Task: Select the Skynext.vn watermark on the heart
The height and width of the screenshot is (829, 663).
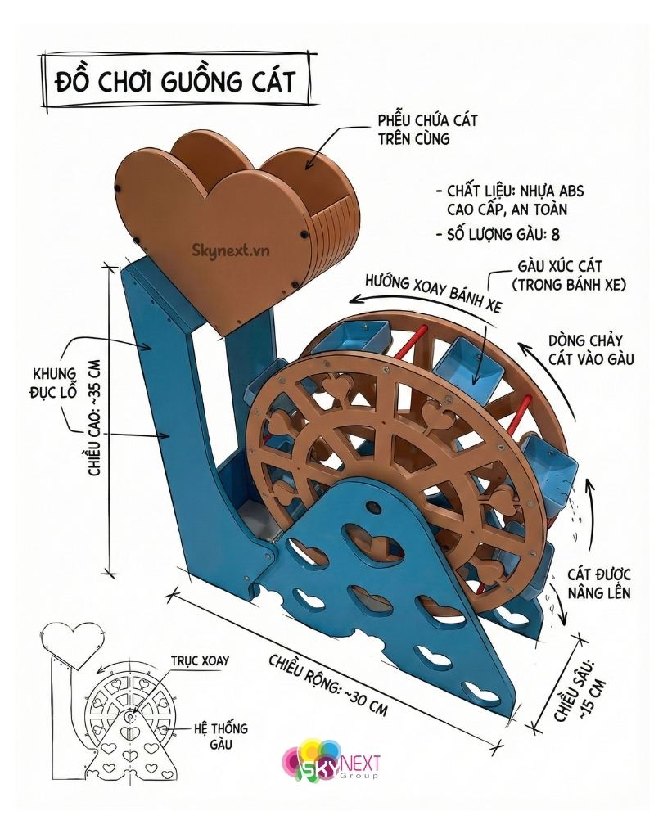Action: [223, 244]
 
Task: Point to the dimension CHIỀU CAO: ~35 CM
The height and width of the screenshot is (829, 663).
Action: [92, 417]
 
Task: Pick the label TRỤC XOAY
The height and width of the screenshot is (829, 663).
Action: [200, 660]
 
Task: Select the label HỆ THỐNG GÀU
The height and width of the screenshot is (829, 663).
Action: [221, 736]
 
